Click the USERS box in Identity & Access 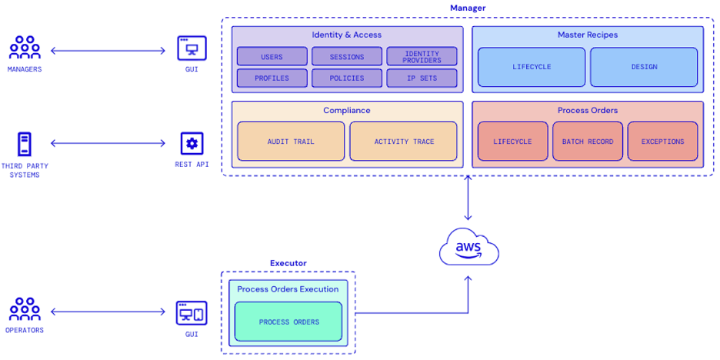(272, 56)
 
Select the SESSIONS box (346, 56)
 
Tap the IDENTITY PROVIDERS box (422, 56)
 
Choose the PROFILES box (272, 78)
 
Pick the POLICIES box (346, 78)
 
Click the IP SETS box (422, 78)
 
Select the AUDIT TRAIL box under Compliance (291, 142)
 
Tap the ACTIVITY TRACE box (404, 142)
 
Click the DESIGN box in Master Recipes (644, 67)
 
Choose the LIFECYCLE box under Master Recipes (532, 67)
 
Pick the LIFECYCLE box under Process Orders (512, 142)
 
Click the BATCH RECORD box (588, 142)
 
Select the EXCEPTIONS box (662, 142)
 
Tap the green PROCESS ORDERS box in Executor (288, 322)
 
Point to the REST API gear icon (192, 144)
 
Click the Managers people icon (25, 48)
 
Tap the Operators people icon (25, 309)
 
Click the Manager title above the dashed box (468, 8)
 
